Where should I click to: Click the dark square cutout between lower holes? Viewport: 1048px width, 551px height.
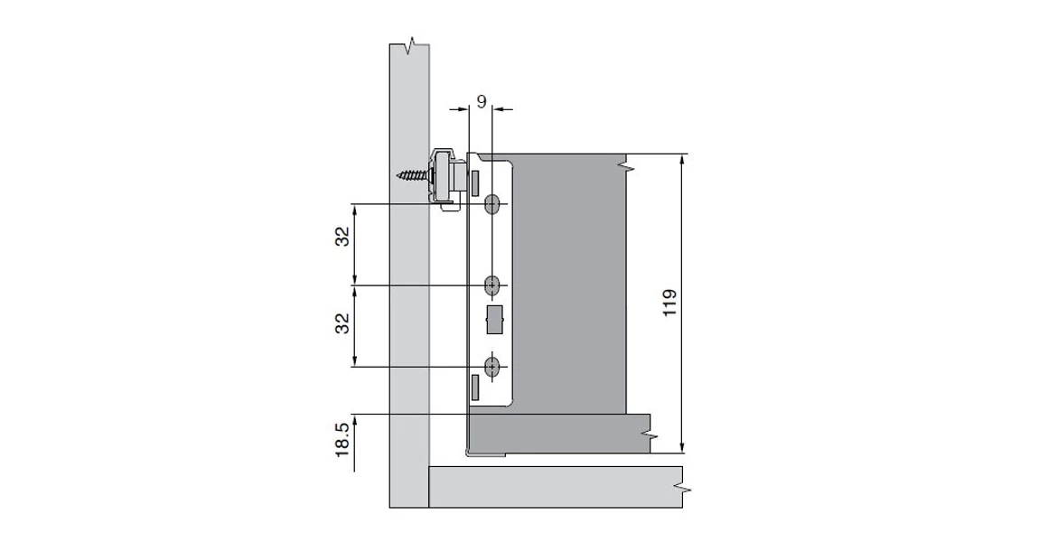494,320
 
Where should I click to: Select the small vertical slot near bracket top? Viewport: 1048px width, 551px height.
473,181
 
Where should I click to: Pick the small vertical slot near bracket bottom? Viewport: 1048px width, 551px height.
473,387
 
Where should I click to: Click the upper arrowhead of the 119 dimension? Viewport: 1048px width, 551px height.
682,159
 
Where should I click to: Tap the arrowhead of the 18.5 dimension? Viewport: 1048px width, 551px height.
355,420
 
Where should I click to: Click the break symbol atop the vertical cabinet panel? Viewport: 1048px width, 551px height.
412,44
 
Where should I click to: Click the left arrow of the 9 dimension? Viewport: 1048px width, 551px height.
463,110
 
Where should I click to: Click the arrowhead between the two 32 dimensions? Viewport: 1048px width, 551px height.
355,286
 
